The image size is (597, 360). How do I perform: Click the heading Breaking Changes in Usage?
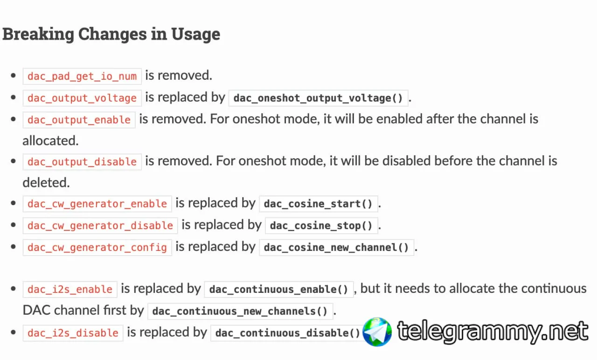coord(111,35)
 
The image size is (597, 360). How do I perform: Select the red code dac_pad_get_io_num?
coord(82,76)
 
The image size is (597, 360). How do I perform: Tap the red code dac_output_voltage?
coord(82,98)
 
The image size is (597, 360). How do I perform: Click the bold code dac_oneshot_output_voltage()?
coord(318,98)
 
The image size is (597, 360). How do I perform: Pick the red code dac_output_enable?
coord(79,120)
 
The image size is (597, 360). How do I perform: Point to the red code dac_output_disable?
coord(82,162)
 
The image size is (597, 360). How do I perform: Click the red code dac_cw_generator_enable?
coord(97,204)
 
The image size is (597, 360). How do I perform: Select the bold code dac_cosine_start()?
coord(318,204)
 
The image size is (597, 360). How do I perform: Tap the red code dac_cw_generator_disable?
coord(100,226)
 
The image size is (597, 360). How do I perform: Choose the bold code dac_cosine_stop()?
coord(321,226)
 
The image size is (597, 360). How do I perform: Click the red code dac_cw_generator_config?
coord(97,248)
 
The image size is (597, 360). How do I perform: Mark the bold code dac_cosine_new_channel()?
coord(336,248)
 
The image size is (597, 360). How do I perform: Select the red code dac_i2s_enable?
coord(70,290)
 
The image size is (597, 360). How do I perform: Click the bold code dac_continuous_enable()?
coord(279,290)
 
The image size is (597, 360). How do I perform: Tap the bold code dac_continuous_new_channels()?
coord(240,311)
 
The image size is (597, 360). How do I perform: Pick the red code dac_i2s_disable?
coord(73,333)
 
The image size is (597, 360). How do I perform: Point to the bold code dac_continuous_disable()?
coord(288,333)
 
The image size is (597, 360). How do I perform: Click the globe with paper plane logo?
coord(377,332)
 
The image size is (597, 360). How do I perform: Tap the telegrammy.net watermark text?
coord(493,331)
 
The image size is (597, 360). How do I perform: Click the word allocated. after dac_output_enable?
coord(51,141)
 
